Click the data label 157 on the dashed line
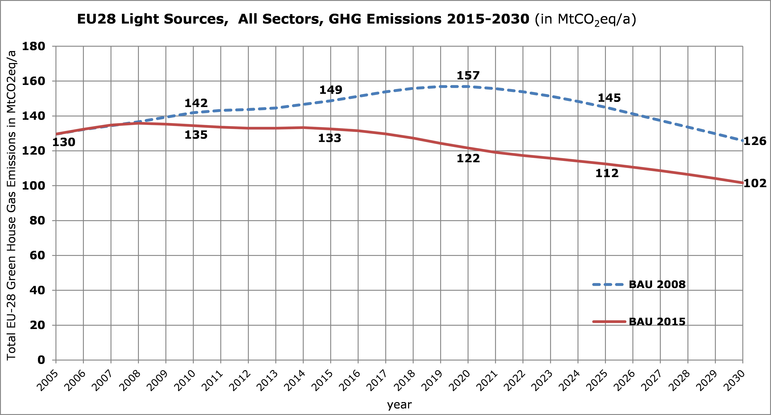point(468,75)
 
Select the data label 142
point(196,103)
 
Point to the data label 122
point(468,158)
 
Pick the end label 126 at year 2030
point(755,141)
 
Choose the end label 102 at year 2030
point(755,183)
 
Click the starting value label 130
point(64,142)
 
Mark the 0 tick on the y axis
point(41,360)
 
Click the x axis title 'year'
point(399,405)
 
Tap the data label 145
point(609,98)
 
